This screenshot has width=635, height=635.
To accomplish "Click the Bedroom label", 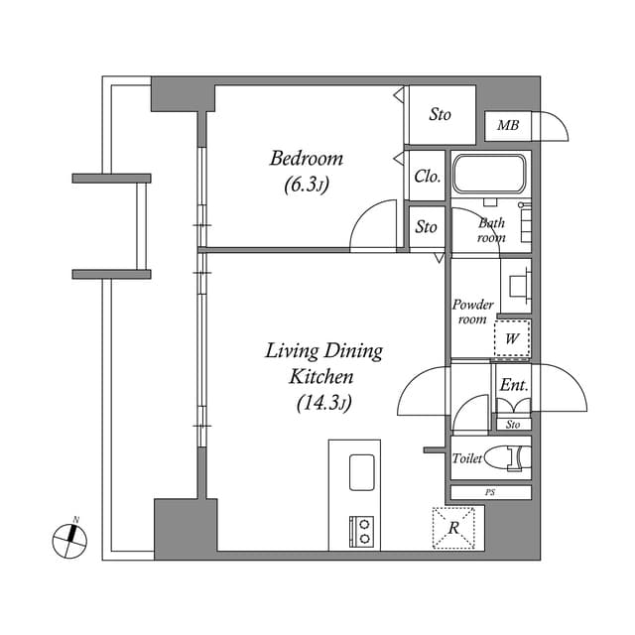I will pos(307,158).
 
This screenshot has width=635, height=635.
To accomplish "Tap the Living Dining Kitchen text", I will pos(322,363).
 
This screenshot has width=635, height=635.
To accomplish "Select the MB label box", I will pos(508,126).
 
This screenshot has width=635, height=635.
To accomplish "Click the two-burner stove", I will pos(361,531).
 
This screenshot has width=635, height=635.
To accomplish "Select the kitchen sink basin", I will pos(361,471).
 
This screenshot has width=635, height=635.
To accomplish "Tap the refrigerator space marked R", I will pos(453,527).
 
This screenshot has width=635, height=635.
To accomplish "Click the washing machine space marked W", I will pos(512,338).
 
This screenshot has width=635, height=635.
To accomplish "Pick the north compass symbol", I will pos(69,538).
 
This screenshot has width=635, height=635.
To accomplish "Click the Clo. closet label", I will pos(428,177).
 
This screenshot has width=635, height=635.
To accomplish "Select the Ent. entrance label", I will pos(513,385).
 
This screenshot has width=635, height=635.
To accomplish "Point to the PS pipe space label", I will pos(490,491).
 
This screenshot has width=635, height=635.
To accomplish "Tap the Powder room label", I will pos(472,312).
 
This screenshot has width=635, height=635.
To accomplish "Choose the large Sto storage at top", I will pos(440,115).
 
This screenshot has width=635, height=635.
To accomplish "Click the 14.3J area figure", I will pos(322,402).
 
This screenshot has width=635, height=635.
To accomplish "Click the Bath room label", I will pos(491,230).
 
